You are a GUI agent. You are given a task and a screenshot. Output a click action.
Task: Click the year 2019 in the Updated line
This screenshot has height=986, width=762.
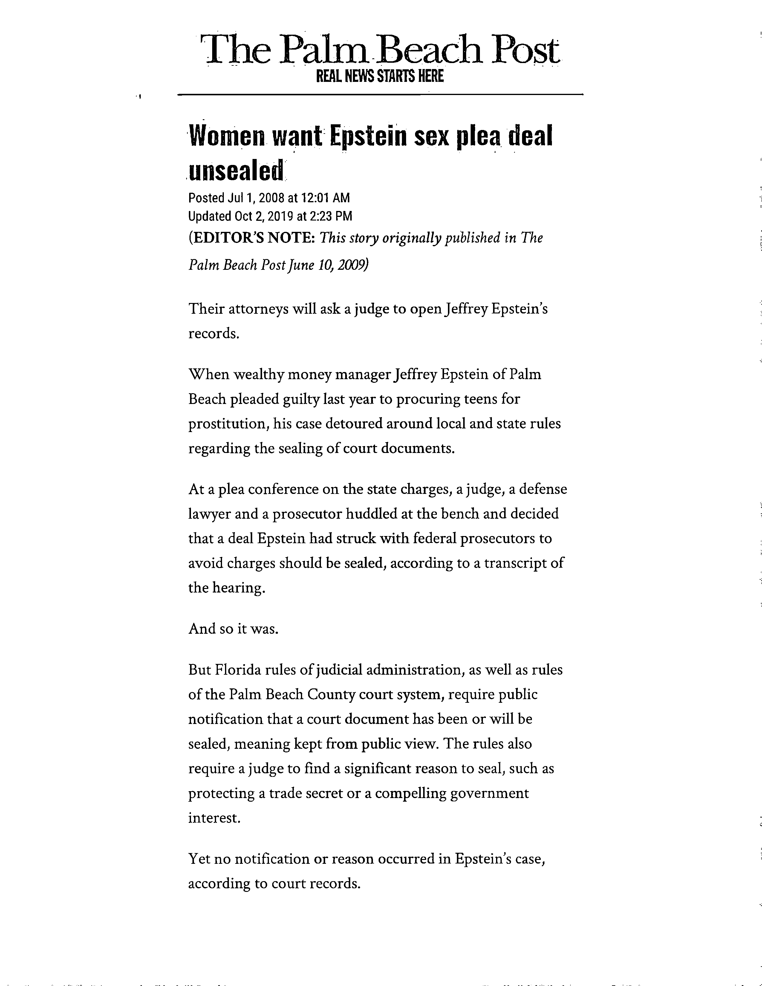click(280, 216)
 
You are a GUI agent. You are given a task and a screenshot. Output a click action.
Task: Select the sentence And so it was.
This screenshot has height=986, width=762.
click(233, 628)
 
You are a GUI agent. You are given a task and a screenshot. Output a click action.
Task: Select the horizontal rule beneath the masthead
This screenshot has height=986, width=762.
click(380, 94)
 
